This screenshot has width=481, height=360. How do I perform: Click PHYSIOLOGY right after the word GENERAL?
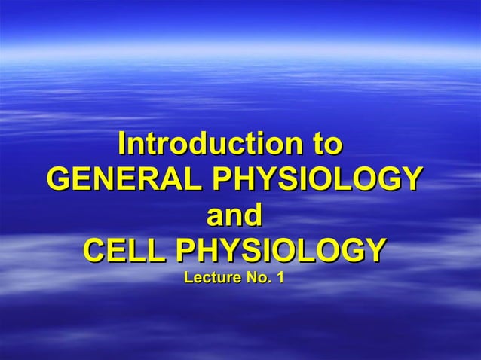tap(316, 180)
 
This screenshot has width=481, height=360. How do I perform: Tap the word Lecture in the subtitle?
tap(210, 279)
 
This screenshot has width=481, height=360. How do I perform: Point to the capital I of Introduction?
tap(123, 144)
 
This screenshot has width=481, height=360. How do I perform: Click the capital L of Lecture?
tap(188, 279)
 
